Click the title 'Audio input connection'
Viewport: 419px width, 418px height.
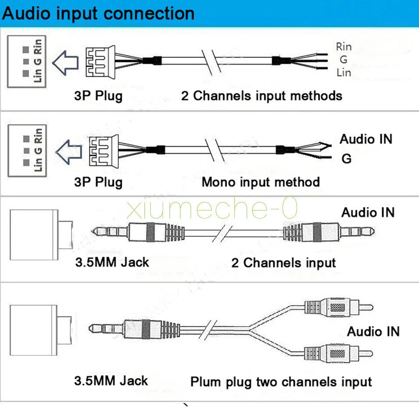click(98, 13)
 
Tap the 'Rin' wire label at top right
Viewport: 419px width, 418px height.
click(344, 47)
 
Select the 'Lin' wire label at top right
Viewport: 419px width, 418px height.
click(344, 72)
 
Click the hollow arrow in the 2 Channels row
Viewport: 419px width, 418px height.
click(65, 63)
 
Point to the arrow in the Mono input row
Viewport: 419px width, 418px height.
click(69, 152)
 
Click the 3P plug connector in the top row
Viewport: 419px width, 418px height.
click(100, 62)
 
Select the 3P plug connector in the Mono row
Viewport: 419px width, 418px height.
click(104, 151)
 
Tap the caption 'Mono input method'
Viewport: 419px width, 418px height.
click(261, 182)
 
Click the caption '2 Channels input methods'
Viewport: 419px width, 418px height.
click(262, 96)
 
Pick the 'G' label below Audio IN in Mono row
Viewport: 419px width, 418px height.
click(346, 159)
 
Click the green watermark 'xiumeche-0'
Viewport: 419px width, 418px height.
click(212, 208)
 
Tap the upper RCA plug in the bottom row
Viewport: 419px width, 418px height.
click(339, 307)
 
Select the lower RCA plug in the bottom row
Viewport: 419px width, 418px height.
click(339, 353)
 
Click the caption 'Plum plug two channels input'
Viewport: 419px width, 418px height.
click(281, 382)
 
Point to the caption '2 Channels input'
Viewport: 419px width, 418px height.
click(284, 263)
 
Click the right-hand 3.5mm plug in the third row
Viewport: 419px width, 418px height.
click(329, 231)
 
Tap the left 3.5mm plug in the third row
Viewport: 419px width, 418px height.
click(138, 232)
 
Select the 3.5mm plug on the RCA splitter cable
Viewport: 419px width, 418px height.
click(134, 329)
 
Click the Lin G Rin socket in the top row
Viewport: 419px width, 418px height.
click(27, 61)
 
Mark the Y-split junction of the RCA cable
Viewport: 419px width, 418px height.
click(249, 328)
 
